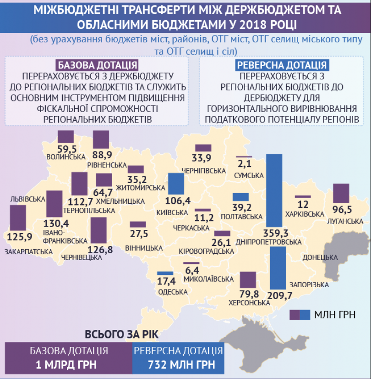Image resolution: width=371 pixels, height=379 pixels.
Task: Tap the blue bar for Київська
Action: coord(176,184)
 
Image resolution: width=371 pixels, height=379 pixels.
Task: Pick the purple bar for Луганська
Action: coord(341,193)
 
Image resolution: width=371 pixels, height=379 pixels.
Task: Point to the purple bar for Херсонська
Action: coord(248,279)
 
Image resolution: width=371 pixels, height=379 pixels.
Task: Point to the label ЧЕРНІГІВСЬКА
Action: coord(204,170)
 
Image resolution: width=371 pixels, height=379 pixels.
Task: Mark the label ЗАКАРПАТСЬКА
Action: coord(22,252)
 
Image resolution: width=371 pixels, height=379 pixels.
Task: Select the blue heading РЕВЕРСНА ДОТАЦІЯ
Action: coord(281,65)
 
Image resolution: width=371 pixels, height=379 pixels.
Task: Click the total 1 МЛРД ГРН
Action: coord(69,365)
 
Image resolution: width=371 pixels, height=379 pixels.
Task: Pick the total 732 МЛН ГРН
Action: coord(179,365)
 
